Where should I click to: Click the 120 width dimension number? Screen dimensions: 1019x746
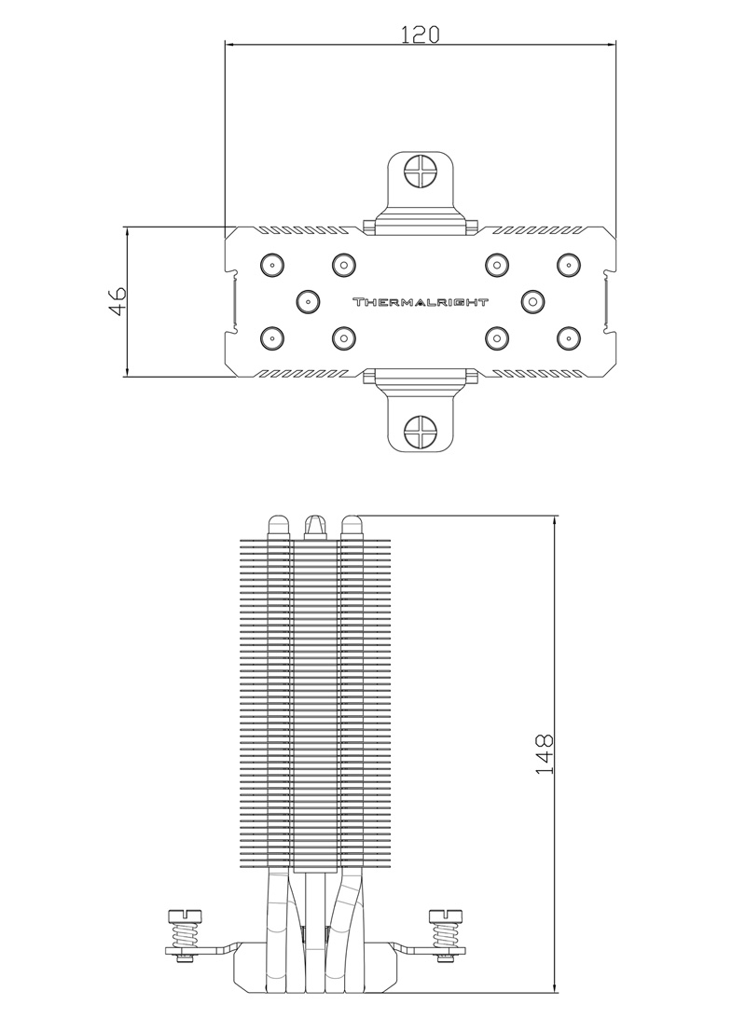tap(420, 34)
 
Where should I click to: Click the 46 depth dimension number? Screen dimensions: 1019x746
tap(117, 301)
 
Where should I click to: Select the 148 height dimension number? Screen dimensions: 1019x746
tap(546, 753)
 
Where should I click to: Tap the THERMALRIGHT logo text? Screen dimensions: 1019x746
tap(420, 302)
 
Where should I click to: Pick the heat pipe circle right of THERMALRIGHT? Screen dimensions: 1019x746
tap(532, 301)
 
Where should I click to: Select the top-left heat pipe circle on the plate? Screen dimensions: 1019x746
tap(270, 265)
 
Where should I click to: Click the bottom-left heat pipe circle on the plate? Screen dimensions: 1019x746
tap(270, 337)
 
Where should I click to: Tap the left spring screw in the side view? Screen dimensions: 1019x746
tap(184, 932)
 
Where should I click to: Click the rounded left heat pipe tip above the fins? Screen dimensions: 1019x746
tap(278, 525)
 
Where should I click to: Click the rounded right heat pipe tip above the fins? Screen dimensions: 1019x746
tap(352, 525)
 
